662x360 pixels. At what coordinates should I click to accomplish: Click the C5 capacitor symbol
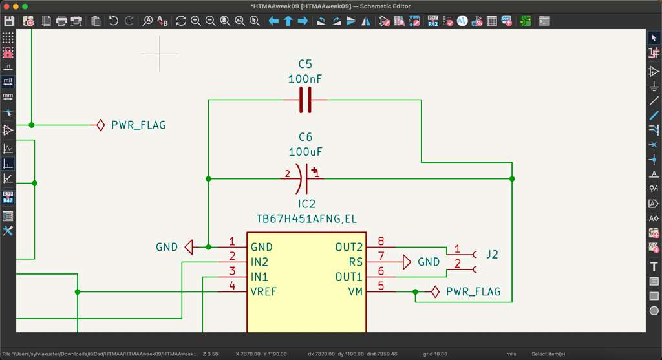[306, 100]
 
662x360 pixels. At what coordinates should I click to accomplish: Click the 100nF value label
[305, 79]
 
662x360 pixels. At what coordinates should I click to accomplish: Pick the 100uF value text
[305, 152]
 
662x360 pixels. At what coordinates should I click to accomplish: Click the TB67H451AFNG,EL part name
[306, 219]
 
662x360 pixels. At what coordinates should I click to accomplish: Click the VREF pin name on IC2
[263, 291]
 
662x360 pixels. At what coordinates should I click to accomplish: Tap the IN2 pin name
[259, 262]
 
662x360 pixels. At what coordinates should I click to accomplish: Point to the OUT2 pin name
[348, 247]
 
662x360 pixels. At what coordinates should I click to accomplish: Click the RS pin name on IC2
[356, 262]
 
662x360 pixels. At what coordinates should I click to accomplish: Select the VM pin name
[355, 291]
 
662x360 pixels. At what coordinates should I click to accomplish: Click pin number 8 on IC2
[381, 241]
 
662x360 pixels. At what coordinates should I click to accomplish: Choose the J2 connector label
[492, 255]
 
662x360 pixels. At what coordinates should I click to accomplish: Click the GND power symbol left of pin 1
[189, 247]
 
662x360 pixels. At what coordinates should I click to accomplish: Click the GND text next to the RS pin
[429, 262]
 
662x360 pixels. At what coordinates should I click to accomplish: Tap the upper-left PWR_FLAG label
[138, 125]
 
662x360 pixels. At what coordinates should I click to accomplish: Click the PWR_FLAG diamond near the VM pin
[436, 291]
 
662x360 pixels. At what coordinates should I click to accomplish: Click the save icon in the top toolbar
[9, 21]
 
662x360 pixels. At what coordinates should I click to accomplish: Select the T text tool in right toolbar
[654, 266]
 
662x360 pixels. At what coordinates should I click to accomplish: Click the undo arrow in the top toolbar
[114, 21]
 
